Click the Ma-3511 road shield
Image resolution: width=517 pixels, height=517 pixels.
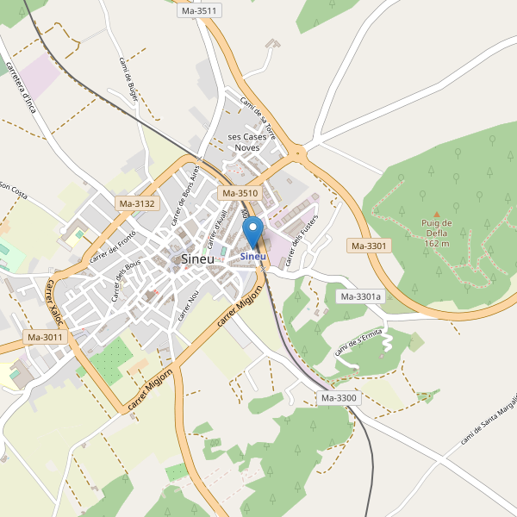tap(200, 10)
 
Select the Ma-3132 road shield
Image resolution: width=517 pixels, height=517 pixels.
tap(137, 204)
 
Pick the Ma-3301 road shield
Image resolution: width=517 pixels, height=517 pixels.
tap(370, 246)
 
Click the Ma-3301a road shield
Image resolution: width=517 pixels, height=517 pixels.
tap(361, 296)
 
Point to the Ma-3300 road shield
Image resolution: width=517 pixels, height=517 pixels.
tap(339, 398)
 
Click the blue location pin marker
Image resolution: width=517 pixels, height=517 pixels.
tap(253, 232)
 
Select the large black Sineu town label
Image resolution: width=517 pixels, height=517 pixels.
tap(198, 258)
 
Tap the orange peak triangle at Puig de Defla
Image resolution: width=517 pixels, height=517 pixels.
tap(437, 214)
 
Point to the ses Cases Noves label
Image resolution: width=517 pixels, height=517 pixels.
tap(247, 142)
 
